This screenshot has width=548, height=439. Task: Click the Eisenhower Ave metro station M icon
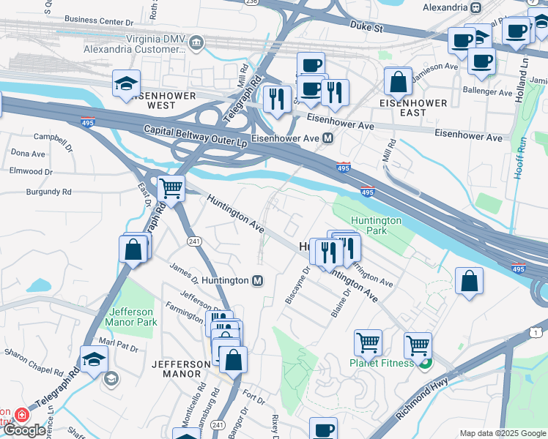(x=328, y=138)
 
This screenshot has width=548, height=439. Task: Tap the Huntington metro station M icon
(x=258, y=280)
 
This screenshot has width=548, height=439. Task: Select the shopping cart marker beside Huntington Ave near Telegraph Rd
(x=171, y=190)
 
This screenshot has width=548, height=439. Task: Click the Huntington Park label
(x=376, y=225)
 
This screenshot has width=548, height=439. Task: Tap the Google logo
(x=24, y=429)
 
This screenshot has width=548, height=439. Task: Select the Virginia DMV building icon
(x=196, y=42)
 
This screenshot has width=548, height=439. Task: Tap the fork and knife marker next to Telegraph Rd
(x=276, y=99)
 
